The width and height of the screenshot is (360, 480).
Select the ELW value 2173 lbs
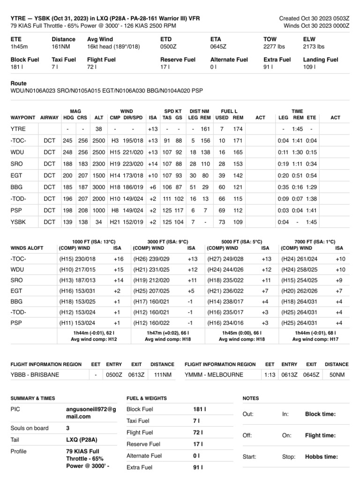pos(314,47)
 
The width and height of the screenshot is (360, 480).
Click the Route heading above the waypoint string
pos(18,83)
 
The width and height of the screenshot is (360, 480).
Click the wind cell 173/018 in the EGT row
pos(133,175)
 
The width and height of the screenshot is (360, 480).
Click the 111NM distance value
pos(162,375)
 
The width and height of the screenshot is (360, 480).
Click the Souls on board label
pos(29,428)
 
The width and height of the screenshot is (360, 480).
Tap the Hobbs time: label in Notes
pos(321,457)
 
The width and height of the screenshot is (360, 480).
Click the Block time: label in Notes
pos(320,414)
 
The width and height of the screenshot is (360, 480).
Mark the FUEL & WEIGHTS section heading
pos(146,398)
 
